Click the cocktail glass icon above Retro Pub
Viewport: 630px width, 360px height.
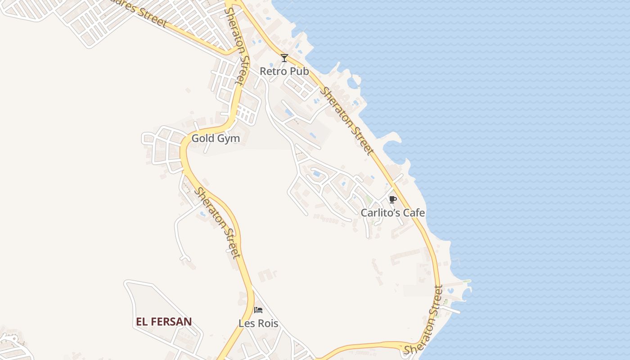point(284,58)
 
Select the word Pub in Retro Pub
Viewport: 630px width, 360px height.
point(300,72)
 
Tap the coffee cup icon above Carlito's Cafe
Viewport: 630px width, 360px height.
point(393,199)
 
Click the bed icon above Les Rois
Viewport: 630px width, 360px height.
point(258,310)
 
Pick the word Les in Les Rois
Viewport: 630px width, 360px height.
point(246,324)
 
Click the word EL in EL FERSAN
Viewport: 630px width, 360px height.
point(143,322)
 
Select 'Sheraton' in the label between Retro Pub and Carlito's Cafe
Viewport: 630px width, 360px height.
point(335,104)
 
